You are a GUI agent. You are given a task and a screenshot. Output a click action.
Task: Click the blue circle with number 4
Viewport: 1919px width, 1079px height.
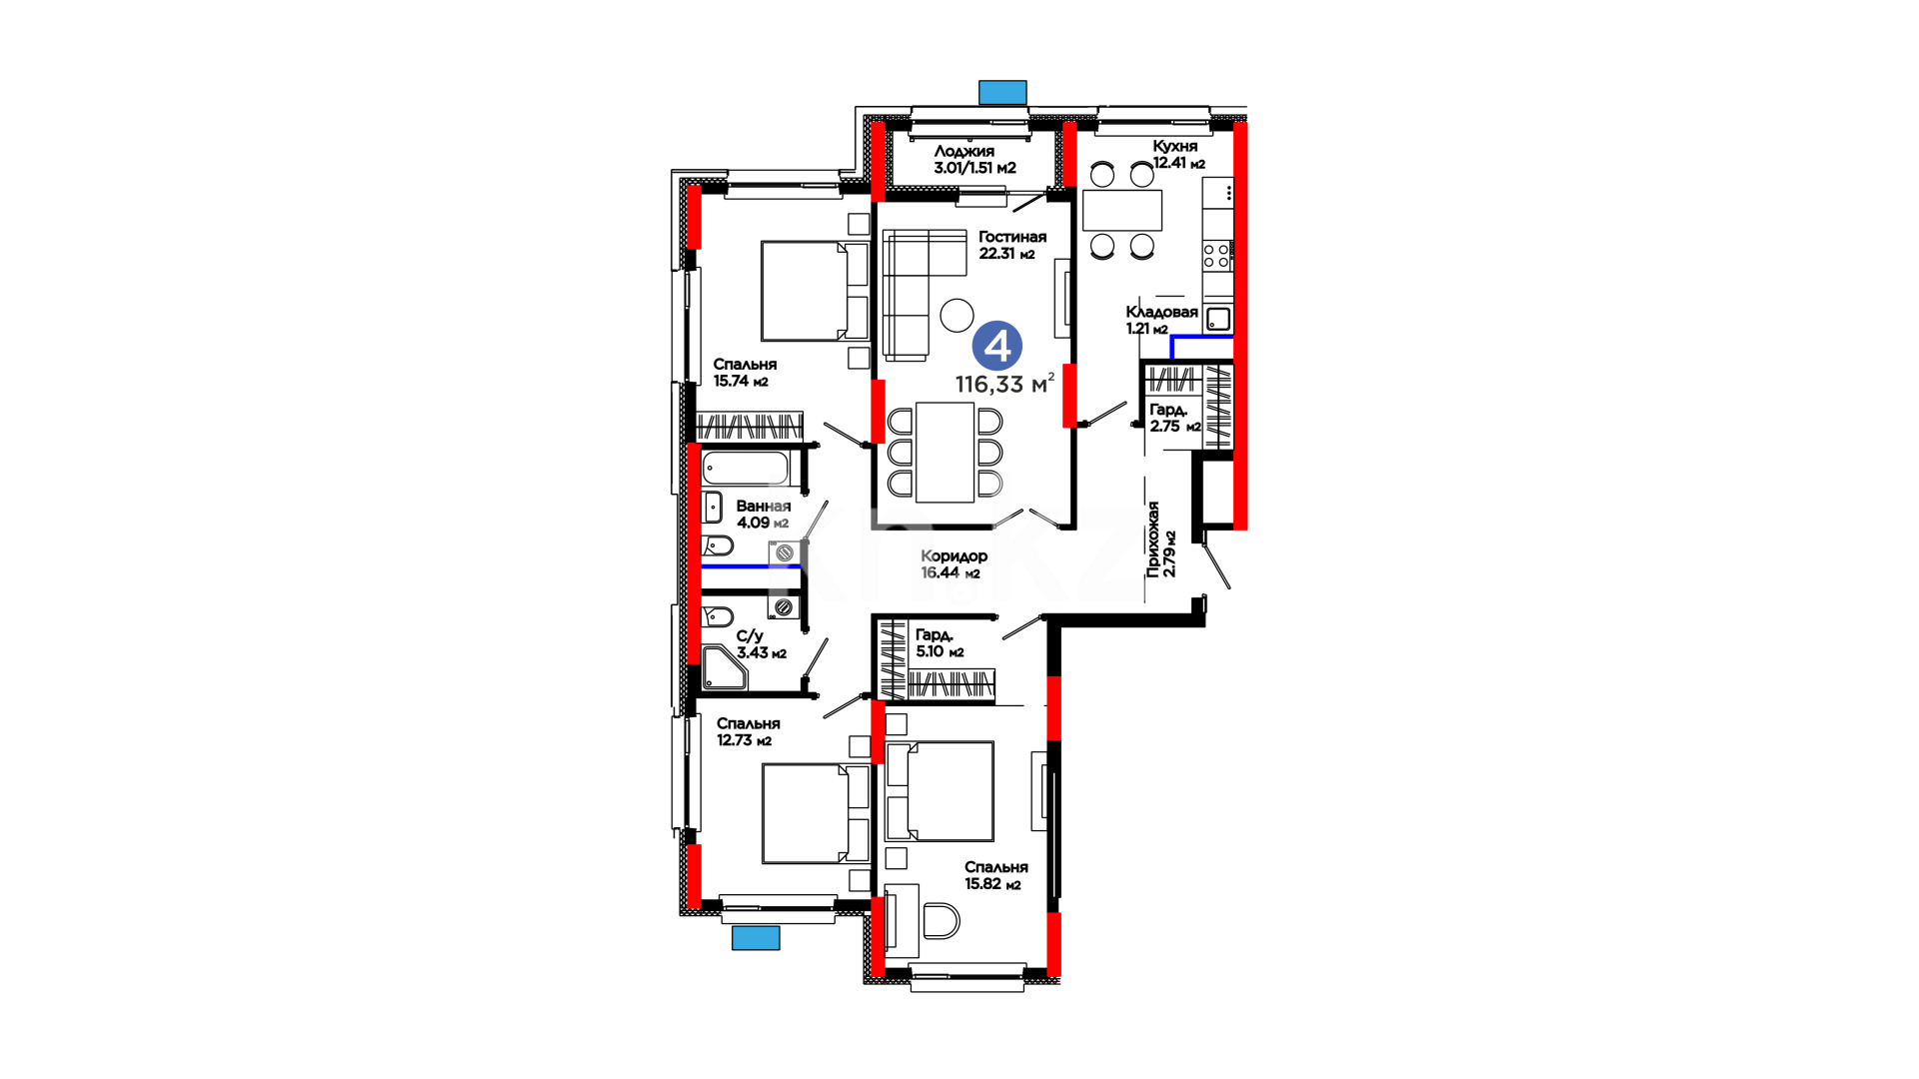click(997, 346)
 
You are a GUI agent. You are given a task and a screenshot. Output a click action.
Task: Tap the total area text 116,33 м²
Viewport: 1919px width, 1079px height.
click(1004, 384)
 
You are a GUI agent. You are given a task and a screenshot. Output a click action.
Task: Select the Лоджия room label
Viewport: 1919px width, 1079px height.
click(964, 152)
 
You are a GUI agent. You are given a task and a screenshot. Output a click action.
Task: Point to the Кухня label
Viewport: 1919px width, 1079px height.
click(1174, 146)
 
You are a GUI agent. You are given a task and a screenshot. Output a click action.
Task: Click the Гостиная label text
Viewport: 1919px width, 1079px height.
click(1012, 237)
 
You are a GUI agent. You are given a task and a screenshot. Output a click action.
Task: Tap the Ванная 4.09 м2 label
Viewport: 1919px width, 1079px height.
click(764, 515)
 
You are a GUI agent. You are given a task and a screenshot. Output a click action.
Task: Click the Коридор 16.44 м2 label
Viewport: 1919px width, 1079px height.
click(954, 564)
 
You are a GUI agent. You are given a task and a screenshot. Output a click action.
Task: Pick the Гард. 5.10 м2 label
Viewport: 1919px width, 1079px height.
click(940, 642)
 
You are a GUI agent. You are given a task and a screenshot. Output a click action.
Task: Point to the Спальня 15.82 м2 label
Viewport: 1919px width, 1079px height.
click(995, 875)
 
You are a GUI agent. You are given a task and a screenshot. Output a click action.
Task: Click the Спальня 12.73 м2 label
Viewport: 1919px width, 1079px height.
click(748, 731)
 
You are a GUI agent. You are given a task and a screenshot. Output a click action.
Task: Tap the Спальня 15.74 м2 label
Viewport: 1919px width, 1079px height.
click(745, 372)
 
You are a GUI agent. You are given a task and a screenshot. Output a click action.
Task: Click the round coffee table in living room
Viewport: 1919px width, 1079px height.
click(957, 315)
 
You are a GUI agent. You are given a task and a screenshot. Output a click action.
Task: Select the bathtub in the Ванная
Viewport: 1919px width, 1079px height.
click(746, 468)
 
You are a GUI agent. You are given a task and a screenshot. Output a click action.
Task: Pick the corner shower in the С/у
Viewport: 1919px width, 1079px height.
click(724, 668)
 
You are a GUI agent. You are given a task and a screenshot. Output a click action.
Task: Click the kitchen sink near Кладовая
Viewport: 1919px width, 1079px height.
click(1218, 319)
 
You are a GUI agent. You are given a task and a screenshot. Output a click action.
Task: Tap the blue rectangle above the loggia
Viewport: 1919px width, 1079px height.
click(1002, 93)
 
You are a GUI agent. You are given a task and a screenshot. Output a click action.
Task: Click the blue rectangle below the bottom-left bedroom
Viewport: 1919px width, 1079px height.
click(756, 937)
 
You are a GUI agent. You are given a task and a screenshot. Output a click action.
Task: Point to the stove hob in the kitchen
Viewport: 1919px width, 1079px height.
click(1216, 255)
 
